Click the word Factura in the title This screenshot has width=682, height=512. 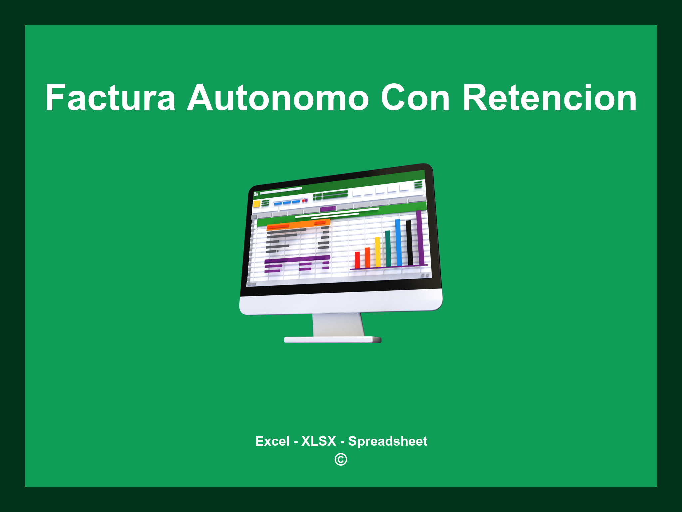point(110,98)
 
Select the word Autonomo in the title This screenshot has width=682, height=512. point(278,98)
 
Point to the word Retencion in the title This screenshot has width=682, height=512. point(549,98)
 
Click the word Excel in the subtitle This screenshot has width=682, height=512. point(272,441)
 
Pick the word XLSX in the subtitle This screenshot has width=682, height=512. point(319,441)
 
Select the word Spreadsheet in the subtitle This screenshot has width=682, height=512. point(387,441)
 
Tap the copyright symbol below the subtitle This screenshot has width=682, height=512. point(341,459)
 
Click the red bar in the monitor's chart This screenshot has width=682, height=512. point(357,260)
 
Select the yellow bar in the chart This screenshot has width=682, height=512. point(378,252)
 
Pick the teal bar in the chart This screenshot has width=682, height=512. point(388,248)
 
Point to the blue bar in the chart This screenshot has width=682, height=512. point(398,242)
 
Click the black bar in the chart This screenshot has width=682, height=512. point(409,242)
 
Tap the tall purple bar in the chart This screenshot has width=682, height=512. point(420,237)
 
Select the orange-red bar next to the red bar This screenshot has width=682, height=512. point(367,257)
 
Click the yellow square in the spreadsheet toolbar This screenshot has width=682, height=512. point(256,204)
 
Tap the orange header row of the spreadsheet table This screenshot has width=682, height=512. point(298,225)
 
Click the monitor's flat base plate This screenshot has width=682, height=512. point(332,340)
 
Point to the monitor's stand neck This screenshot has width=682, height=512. point(338,325)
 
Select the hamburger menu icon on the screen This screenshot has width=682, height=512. point(418,184)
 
